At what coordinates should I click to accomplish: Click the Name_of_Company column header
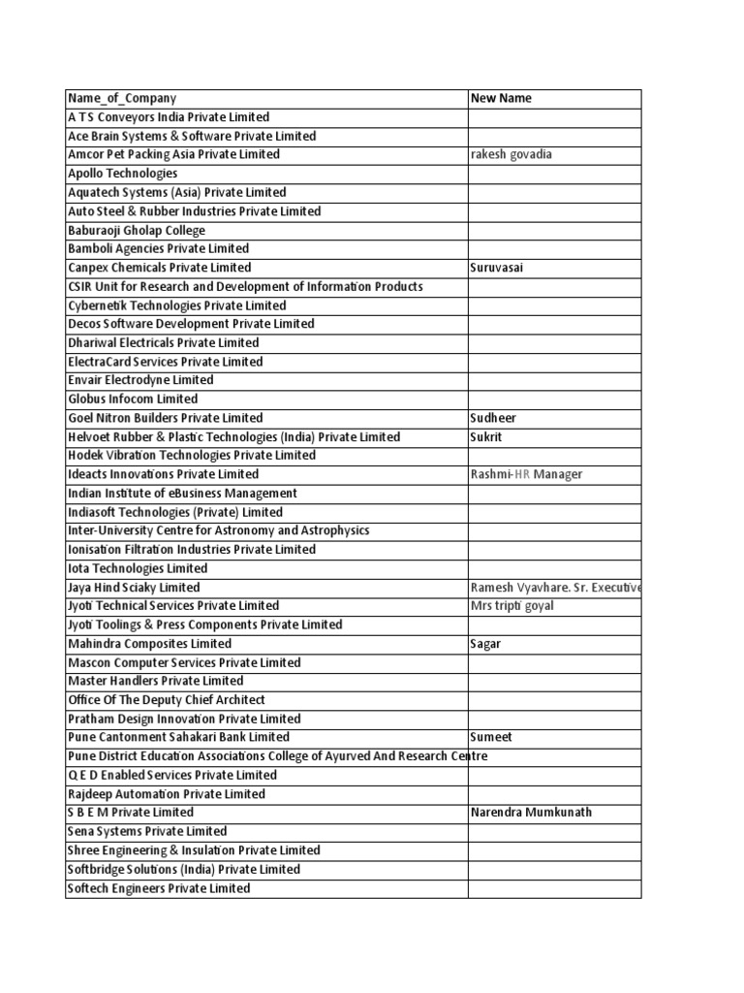coord(122,98)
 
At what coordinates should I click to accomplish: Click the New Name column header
coord(501,98)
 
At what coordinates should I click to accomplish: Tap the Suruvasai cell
coord(496,268)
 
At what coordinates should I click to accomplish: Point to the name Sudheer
coord(493,418)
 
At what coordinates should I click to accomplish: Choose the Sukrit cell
coord(487,436)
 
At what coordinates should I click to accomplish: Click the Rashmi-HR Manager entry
coord(526,474)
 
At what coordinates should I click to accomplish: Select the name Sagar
coord(485,644)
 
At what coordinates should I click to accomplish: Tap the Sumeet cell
coord(490,737)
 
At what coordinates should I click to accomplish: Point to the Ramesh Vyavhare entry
coord(554,588)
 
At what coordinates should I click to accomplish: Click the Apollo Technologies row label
coord(123,174)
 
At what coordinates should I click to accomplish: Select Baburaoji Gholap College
coord(137,230)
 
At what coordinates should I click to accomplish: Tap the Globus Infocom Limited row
coord(133,399)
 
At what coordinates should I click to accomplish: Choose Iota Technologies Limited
coord(138,568)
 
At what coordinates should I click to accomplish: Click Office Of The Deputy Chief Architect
coord(166,700)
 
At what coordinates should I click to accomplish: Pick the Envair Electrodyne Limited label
coord(140,380)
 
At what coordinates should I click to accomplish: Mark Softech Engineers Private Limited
coord(159,888)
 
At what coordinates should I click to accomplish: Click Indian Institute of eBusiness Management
coord(182,493)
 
